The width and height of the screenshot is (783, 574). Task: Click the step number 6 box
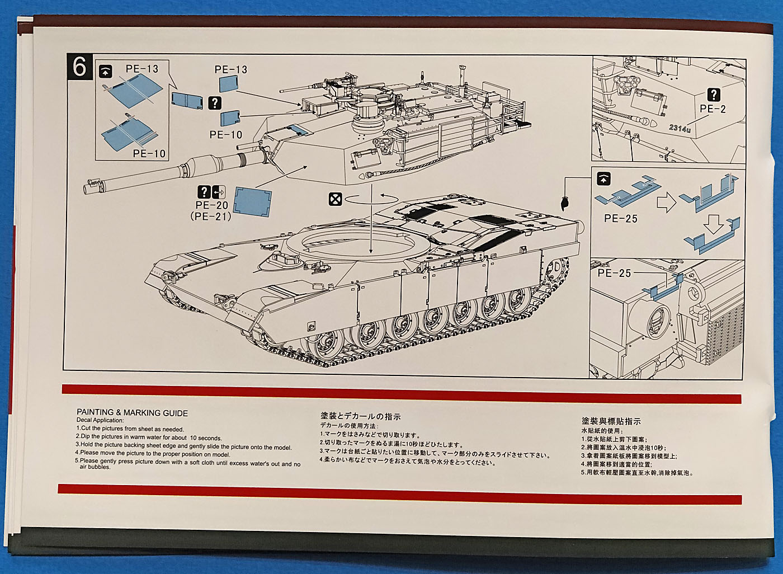(x=79, y=67)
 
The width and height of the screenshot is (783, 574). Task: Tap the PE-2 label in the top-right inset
(x=713, y=109)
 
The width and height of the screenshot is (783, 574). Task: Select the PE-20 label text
(x=213, y=205)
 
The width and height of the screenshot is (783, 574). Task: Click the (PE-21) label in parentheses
(x=211, y=216)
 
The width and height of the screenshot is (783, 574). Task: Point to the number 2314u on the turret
(x=680, y=129)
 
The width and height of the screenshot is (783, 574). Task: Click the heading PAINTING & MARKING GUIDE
(x=132, y=413)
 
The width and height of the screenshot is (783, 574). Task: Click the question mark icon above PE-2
(x=713, y=95)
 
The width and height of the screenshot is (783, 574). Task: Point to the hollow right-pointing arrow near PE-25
(x=666, y=202)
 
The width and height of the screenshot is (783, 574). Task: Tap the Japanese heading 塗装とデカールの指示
(x=360, y=416)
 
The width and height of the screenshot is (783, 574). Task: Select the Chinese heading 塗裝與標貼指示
(x=611, y=421)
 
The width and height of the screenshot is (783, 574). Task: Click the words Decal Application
(x=100, y=421)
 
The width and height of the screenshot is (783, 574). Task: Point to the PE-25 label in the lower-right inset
(x=614, y=273)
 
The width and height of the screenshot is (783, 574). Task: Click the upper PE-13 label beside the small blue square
(x=230, y=69)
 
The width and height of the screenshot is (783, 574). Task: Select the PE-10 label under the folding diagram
(x=149, y=153)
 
